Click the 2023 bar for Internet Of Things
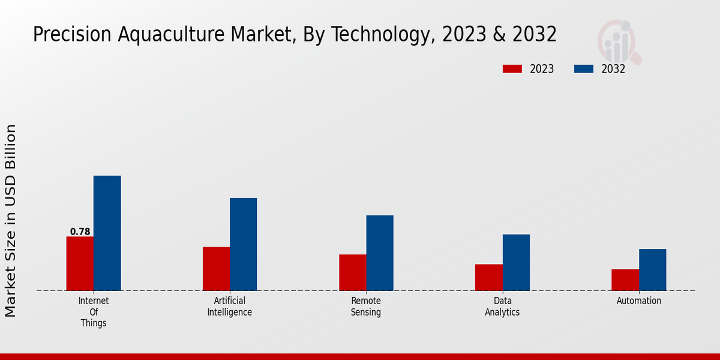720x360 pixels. (80, 263)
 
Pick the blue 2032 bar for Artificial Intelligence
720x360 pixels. (243, 244)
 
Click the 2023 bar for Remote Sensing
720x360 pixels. (352, 272)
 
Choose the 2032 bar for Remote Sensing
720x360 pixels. (380, 253)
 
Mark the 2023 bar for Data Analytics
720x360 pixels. (488, 277)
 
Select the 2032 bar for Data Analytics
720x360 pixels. (516, 262)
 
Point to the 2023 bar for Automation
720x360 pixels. (625, 280)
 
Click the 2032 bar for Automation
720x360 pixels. (652, 269)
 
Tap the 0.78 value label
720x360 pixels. (80, 232)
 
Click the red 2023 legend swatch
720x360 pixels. (512, 69)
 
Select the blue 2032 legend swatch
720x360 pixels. (583, 69)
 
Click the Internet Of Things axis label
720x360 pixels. (94, 312)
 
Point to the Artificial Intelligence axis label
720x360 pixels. (230, 307)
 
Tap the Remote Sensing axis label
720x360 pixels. (366, 307)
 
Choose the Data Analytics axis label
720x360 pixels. (502, 307)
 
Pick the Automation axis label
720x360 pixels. (639, 301)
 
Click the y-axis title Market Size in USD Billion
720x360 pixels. (11, 221)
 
